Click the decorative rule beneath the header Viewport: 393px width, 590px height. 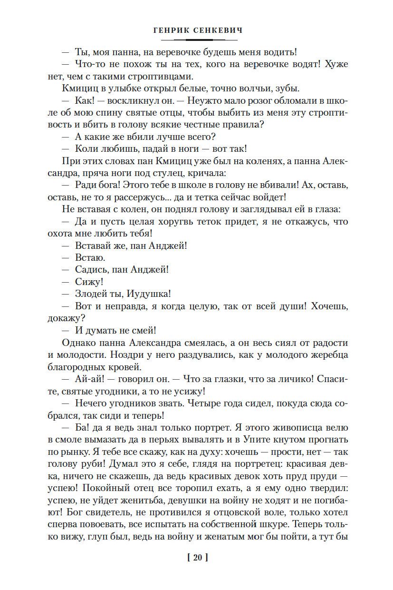click(196, 40)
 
